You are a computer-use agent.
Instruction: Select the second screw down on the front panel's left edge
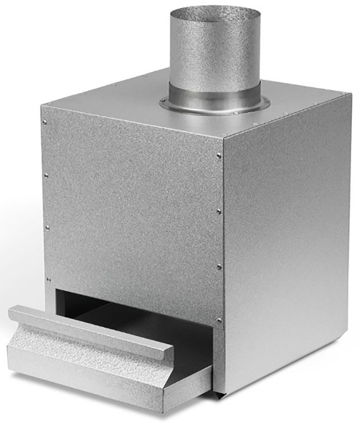coord(46,174)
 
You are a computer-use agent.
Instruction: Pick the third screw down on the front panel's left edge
coord(47,227)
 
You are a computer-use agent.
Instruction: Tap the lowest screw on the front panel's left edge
coord(48,279)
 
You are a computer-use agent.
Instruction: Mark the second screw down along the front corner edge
coord(219,211)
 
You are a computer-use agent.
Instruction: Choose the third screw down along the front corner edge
coord(219,266)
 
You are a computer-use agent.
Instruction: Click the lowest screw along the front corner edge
coord(219,321)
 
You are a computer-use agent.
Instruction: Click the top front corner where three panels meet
coord(223,136)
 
